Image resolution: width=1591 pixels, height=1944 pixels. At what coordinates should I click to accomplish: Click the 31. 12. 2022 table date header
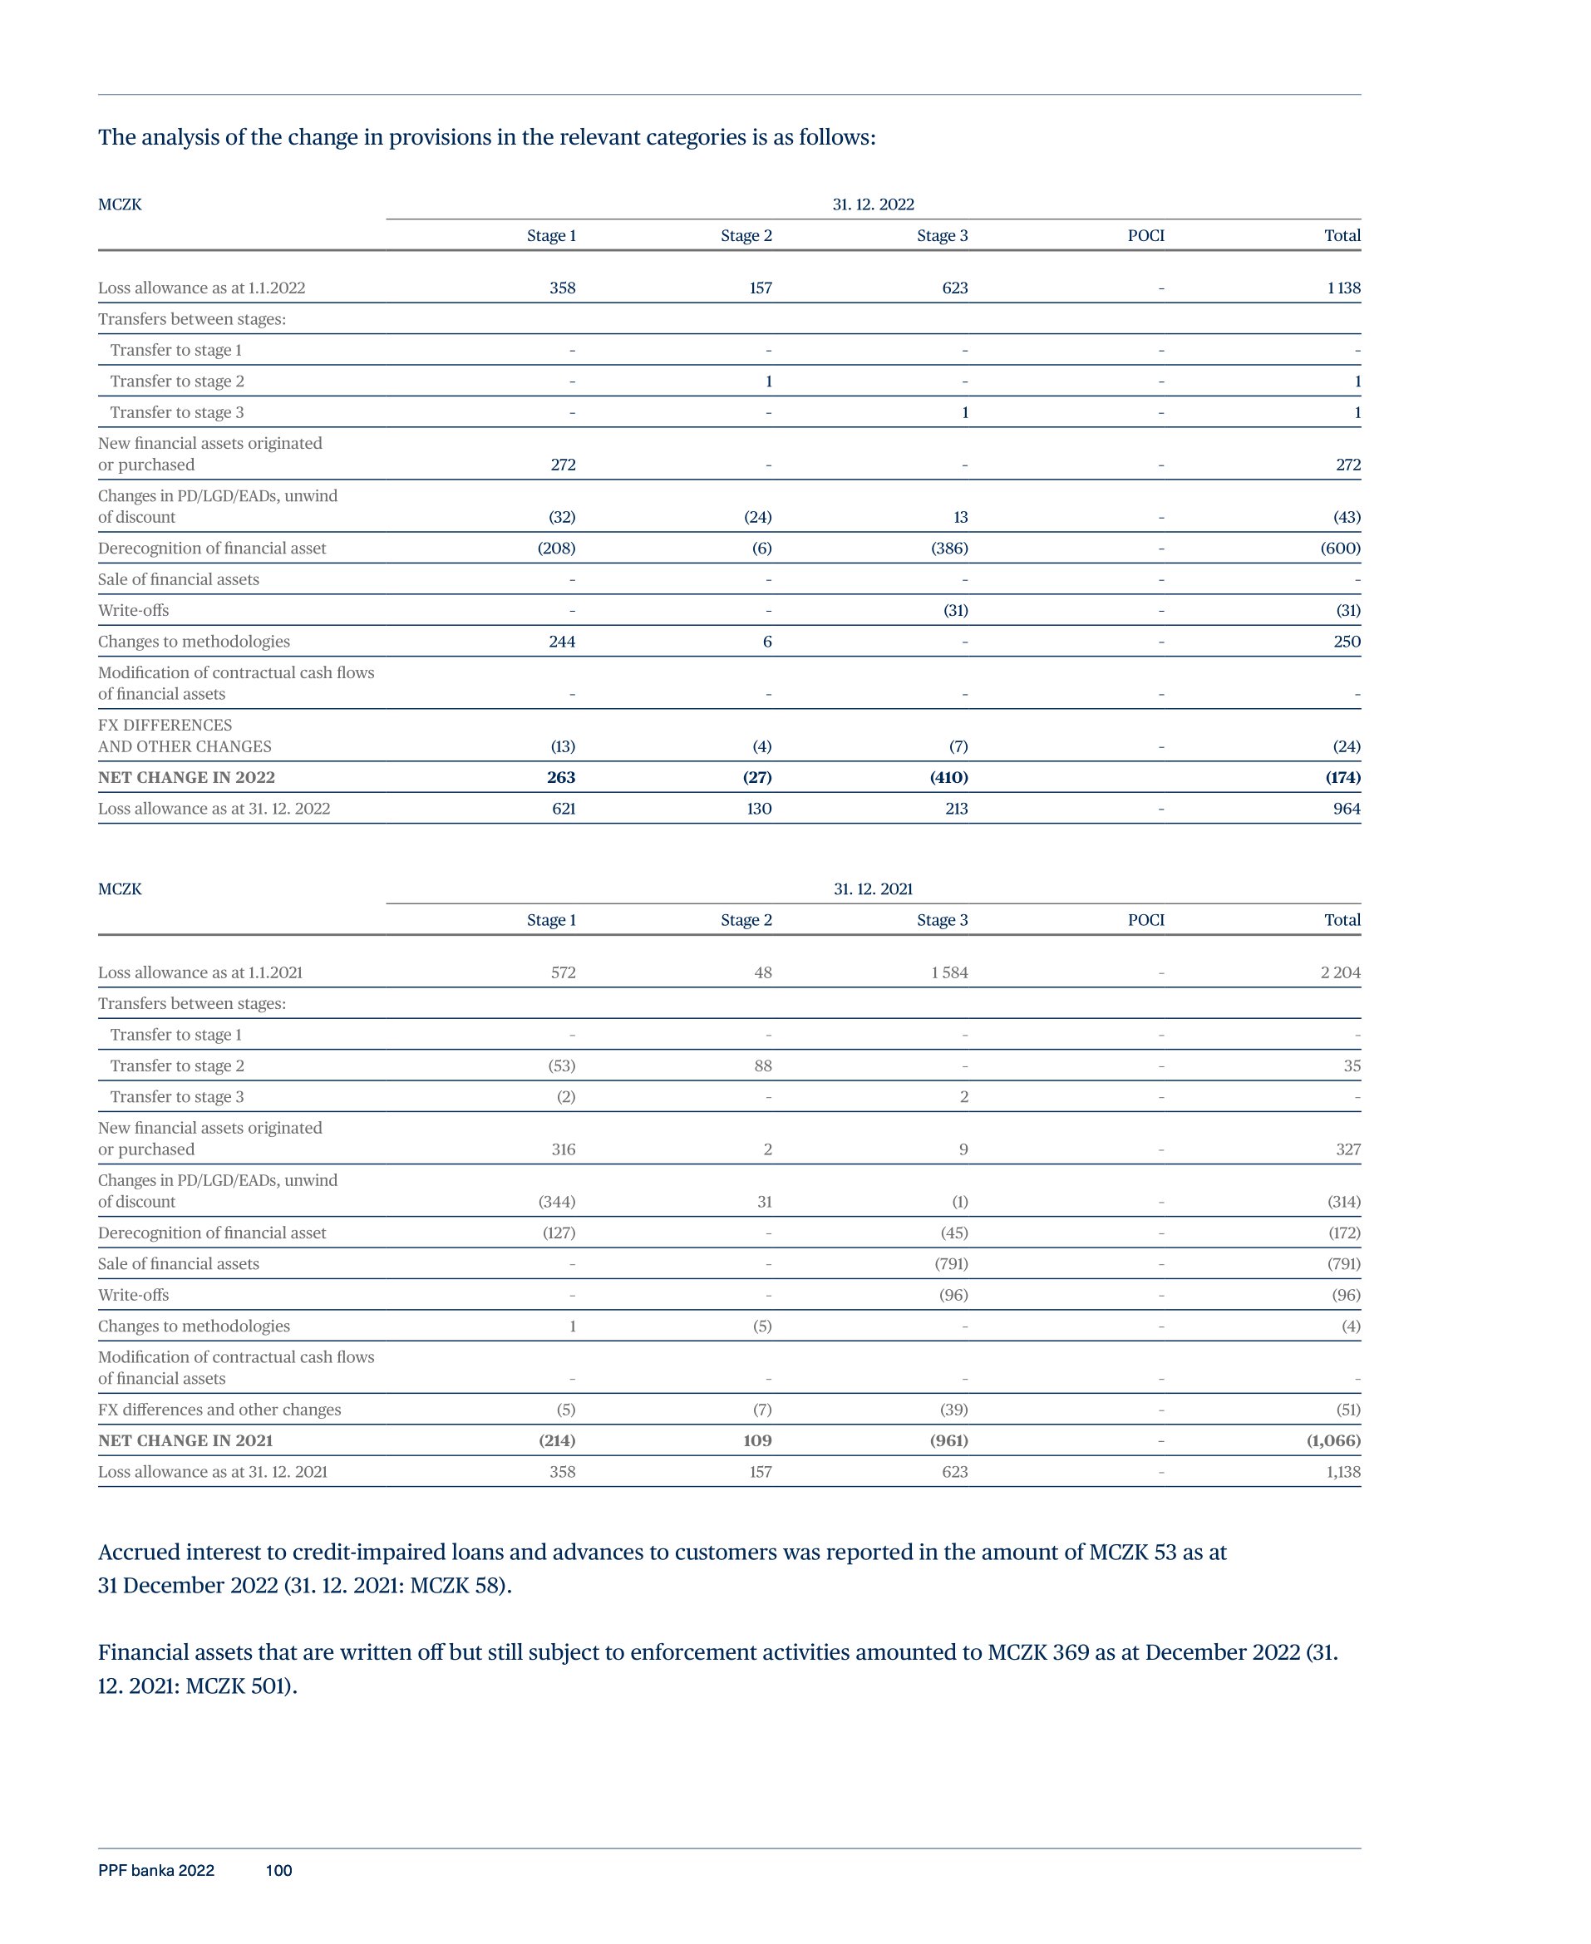[x=873, y=204]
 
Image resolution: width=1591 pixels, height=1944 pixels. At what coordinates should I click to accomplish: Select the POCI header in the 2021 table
[x=1145, y=920]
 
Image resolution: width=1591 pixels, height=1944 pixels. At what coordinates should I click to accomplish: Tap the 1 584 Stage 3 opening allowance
[x=948, y=972]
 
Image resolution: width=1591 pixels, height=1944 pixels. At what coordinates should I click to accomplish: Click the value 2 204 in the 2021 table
[x=1340, y=972]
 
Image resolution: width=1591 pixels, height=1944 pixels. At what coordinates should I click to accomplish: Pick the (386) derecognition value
[x=948, y=548]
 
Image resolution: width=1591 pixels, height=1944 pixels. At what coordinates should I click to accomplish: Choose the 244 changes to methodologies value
[x=562, y=642]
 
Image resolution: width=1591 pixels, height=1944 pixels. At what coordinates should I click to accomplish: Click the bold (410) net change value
[x=948, y=777]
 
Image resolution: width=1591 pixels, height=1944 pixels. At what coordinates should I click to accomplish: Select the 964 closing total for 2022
[x=1347, y=808]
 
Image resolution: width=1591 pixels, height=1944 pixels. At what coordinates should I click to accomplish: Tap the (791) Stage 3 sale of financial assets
[x=950, y=1263]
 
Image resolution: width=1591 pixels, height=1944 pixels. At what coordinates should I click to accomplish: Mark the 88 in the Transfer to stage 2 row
[x=762, y=1066]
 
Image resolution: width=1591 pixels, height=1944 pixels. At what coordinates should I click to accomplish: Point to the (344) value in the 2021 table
[x=556, y=1201]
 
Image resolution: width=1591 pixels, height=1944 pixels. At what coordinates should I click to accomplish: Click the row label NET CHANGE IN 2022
[x=186, y=777]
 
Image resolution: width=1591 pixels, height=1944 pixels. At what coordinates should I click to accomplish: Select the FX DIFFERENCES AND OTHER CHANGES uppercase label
[x=185, y=736]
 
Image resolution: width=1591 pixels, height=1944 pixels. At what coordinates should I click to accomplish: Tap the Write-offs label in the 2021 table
[x=133, y=1294]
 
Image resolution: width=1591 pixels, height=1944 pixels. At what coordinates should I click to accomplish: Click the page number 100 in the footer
[x=278, y=1870]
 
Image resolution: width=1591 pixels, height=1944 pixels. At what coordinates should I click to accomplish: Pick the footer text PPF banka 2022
[x=155, y=1870]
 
